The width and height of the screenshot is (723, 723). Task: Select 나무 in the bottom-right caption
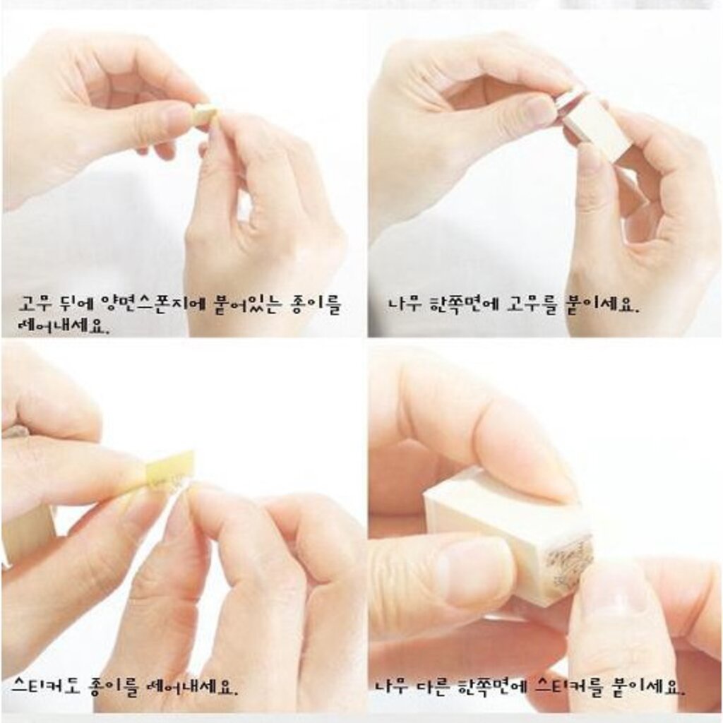391,687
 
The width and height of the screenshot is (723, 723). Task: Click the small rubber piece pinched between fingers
205,114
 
